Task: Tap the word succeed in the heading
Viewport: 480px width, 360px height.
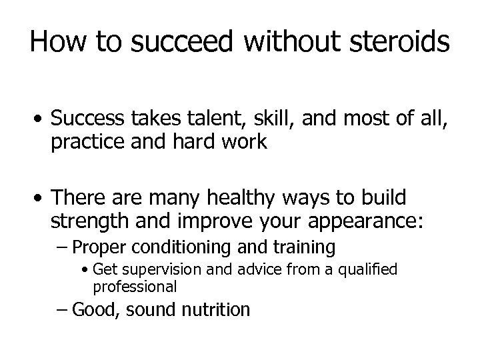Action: (183, 42)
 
